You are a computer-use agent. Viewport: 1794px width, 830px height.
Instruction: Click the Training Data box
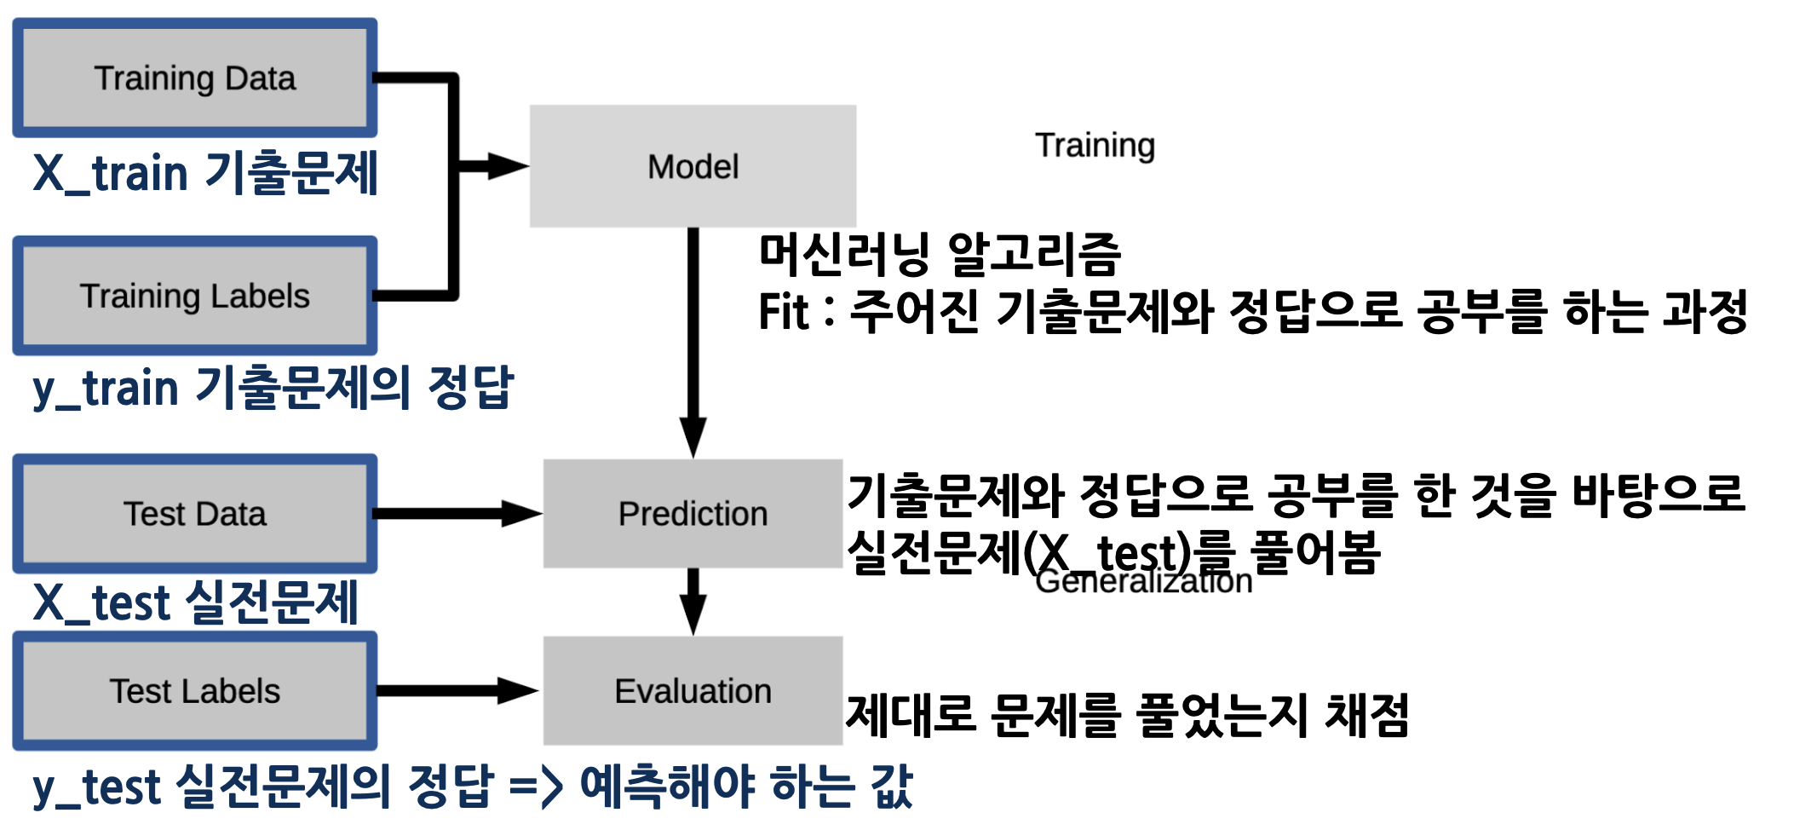194,78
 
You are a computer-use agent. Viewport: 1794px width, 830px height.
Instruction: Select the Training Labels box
194,296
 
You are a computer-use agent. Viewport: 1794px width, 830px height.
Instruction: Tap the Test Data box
194,514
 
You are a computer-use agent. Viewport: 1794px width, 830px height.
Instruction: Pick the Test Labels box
194,691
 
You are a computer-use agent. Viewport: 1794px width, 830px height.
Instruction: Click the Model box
693,166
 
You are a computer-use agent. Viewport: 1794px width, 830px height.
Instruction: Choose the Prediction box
693,514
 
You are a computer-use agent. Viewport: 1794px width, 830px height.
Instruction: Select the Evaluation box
693,691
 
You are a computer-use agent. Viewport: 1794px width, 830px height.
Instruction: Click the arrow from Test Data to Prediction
451,514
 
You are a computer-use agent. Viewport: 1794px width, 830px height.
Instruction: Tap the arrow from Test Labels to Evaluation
451,691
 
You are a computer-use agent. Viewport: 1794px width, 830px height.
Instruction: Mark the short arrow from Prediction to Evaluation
693,601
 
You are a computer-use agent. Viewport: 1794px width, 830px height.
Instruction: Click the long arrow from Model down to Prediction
693,341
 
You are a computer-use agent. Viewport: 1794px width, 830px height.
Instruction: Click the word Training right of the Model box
1095,146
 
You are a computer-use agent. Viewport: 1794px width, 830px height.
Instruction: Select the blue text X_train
110,175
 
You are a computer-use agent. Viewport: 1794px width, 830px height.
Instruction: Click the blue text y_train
106,389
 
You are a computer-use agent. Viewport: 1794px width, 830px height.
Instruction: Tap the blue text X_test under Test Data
101,604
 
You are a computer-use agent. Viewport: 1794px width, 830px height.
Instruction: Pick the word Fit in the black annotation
782,312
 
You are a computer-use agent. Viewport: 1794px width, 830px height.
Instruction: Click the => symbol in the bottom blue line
536,787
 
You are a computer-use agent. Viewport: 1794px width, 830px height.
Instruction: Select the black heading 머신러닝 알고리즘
940,254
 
